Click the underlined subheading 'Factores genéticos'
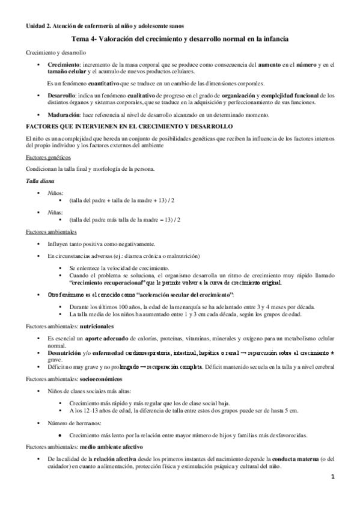(49, 157)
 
